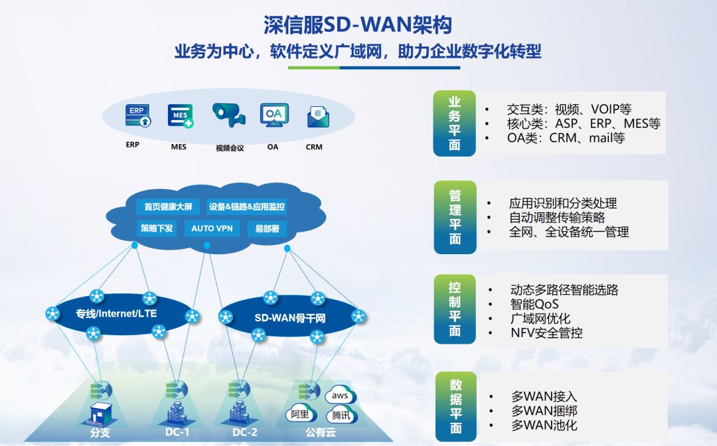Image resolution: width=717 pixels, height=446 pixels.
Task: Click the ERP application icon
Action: (137, 116)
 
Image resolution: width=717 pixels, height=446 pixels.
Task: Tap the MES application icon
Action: (180, 116)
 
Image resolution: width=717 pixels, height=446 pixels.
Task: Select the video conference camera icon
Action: (228, 115)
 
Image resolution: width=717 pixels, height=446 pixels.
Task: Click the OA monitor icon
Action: (273, 116)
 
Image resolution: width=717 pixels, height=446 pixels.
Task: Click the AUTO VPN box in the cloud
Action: (212, 228)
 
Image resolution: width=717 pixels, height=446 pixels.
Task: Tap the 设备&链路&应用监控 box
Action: (247, 207)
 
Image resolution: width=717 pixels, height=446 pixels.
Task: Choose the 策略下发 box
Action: (157, 228)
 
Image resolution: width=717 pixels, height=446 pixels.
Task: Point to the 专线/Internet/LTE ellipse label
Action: (116, 313)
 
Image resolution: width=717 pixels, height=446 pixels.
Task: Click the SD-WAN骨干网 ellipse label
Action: (290, 318)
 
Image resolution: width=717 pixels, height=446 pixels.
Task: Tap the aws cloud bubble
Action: (340, 396)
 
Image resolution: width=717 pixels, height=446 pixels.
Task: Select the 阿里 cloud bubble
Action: (300, 414)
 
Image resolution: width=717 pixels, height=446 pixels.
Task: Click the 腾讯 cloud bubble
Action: (340, 416)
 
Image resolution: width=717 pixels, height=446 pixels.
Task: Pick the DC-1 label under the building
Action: (177, 433)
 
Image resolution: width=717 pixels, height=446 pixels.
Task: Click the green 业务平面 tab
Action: (455, 123)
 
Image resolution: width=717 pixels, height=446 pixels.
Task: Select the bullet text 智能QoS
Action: (534, 304)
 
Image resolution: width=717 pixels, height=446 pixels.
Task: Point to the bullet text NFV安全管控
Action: (546, 333)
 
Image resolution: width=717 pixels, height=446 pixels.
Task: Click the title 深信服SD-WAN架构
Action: (358, 25)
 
